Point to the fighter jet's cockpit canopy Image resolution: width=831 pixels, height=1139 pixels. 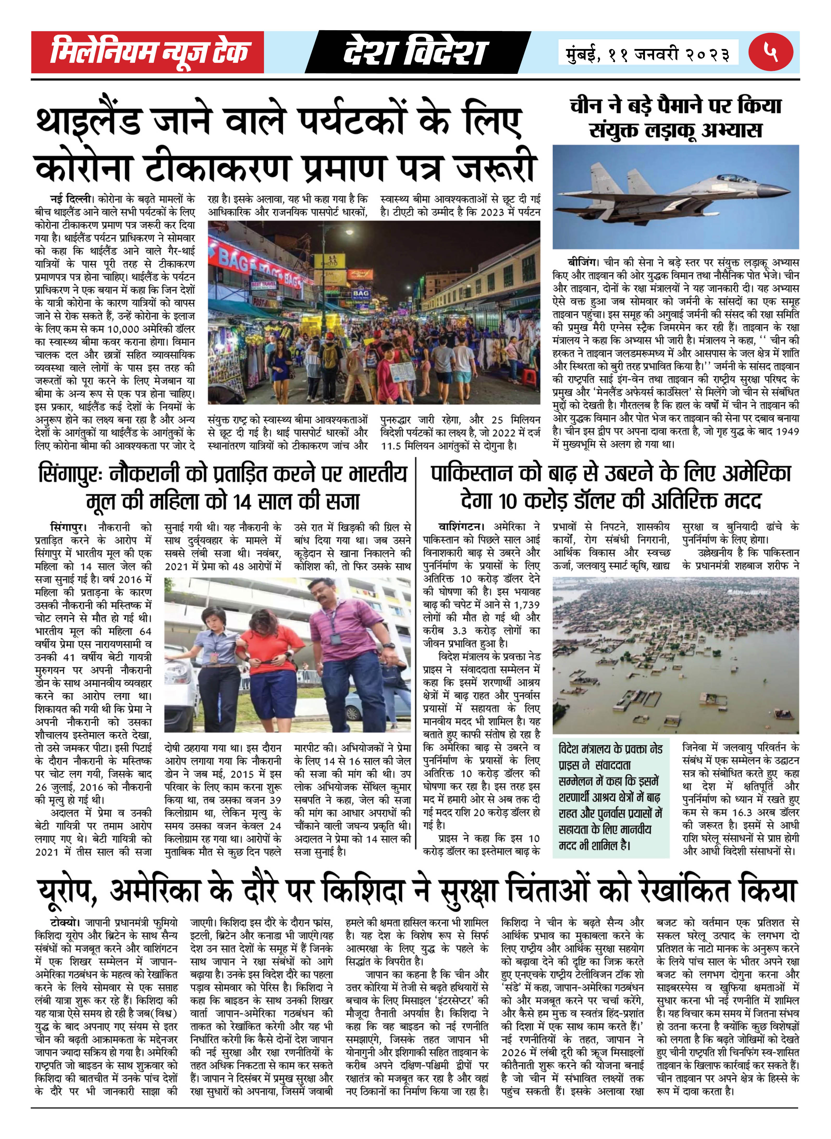(x=734, y=178)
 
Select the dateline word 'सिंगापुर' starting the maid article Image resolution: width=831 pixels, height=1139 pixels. (x=68, y=528)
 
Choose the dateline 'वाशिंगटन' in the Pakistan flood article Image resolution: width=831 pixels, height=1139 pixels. (x=459, y=527)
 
